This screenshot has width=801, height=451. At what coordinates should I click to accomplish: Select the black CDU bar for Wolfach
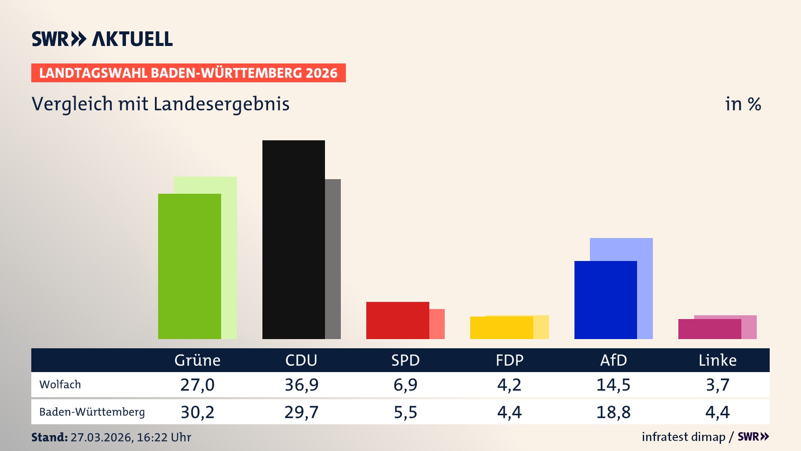click(x=293, y=240)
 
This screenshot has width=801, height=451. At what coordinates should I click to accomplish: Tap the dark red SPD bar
click(x=397, y=320)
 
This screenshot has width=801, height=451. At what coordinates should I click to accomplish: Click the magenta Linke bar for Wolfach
click(x=709, y=329)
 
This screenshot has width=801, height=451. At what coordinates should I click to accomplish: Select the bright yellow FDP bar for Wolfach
click(x=501, y=328)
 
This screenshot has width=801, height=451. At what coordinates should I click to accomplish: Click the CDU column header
click(x=301, y=360)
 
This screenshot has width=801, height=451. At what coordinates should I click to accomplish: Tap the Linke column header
click(x=718, y=360)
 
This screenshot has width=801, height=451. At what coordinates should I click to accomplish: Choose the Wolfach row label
click(x=60, y=385)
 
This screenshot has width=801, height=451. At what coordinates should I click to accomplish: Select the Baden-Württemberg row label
click(x=92, y=412)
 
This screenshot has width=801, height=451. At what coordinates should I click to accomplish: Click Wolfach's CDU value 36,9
click(x=301, y=385)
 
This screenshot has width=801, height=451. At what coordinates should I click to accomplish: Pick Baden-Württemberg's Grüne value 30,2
click(x=197, y=412)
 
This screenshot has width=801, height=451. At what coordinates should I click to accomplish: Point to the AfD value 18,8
click(x=613, y=412)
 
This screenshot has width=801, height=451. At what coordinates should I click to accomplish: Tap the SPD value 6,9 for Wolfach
click(x=405, y=385)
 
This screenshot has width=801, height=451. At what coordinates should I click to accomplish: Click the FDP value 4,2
click(x=509, y=385)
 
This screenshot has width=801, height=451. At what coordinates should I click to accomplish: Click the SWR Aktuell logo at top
click(x=102, y=39)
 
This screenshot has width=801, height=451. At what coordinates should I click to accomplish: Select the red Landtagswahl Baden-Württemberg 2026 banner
click(x=188, y=73)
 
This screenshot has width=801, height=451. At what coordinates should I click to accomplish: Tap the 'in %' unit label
click(x=743, y=104)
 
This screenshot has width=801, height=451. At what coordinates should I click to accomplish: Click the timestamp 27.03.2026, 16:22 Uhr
click(x=131, y=437)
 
